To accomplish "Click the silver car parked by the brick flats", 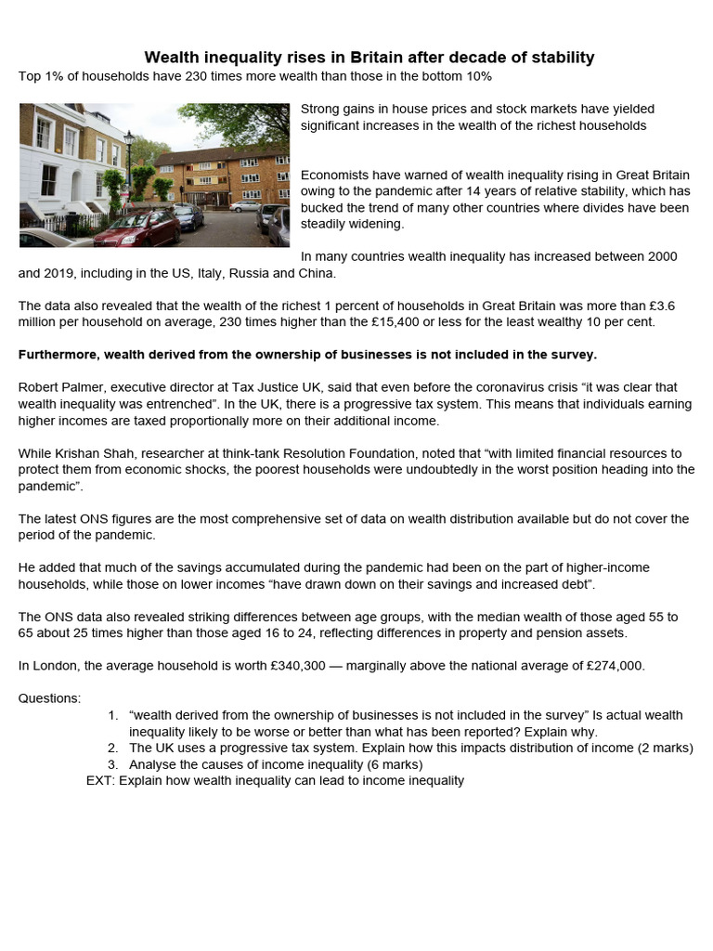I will pyautogui.click(x=247, y=206).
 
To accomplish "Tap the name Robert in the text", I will pyautogui.click(x=42, y=386).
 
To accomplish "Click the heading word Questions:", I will pyautogui.click(x=50, y=698).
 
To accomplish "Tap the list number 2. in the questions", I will pyautogui.click(x=112, y=748).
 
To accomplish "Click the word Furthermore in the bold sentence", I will pyautogui.click(x=59, y=355).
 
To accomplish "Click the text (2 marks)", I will pyautogui.click(x=661, y=748).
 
